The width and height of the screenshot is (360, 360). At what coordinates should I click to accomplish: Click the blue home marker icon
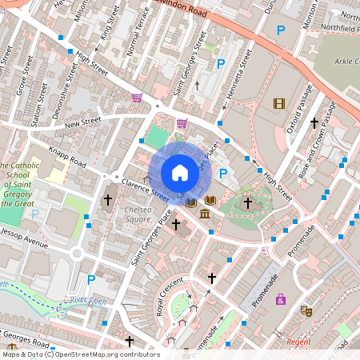pyautogui.click(x=179, y=173)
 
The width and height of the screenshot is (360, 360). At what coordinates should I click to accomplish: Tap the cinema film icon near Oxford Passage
pyautogui.click(x=278, y=103)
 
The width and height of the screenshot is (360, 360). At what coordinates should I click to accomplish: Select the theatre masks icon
pyautogui.click(x=306, y=310)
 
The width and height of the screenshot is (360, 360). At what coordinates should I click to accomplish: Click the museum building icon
pyautogui.click(x=205, y=214)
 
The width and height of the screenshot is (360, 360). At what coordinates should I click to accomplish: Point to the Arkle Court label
pyautogui.click(x=342, y=62)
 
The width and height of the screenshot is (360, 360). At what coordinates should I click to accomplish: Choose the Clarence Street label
pyautogui.click(x=145, y=190)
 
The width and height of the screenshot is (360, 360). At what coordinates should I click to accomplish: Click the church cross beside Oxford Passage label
pyautogui.click(x=314, y=123)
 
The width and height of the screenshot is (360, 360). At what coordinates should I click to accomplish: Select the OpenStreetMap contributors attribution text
pyautogui.click(x=80, y=354)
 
